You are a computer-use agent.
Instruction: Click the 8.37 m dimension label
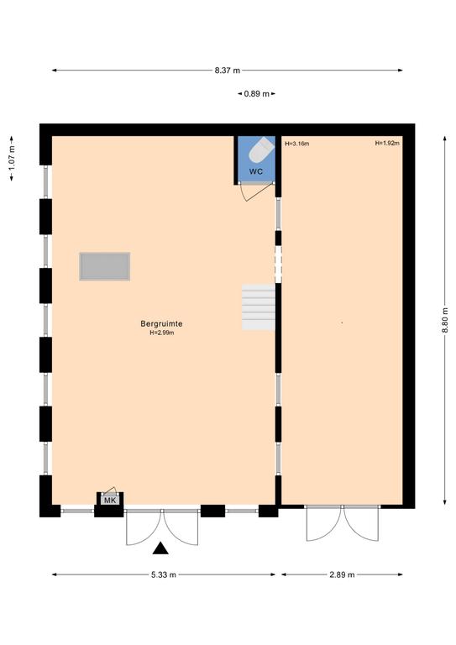click(227, 71)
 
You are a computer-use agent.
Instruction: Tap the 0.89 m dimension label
click(257, 94)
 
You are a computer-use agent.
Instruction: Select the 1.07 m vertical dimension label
click(12, 159)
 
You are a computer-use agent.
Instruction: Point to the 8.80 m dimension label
click(444, 321)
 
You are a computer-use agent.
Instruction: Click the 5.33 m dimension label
click(164, 574)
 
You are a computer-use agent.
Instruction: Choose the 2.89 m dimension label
click(342, 574)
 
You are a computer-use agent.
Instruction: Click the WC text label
click(256, 171)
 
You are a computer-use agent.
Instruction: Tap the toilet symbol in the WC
click(261, 149)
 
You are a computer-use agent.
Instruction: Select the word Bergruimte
click(161, 323)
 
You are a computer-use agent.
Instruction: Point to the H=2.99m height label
click(161, 333)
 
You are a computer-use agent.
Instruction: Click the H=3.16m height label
click(297, 144)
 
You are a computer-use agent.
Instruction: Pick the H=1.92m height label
click(387, 143)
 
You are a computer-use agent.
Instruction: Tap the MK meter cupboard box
click(110, 501)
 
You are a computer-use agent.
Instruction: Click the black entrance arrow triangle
click(160, 548)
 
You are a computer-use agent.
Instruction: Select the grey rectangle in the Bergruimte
click(105, 266)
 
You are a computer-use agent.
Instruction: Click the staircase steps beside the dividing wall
click(258, 307)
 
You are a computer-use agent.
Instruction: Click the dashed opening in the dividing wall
click(278, 264)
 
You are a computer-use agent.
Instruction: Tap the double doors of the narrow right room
click(342, 524)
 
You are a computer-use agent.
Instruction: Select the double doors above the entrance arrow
click(162, 527)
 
